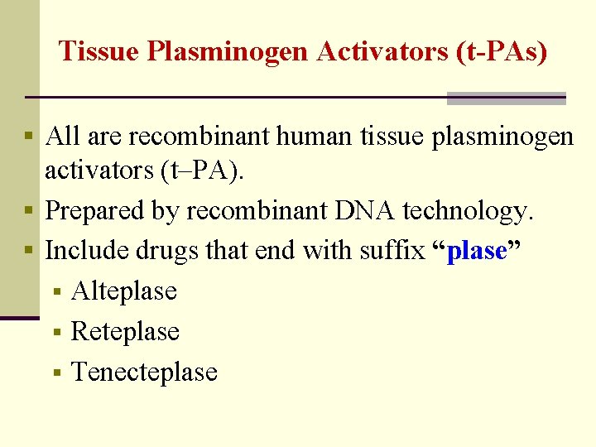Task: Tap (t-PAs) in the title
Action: [502, 52]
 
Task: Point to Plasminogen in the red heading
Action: [229, 52]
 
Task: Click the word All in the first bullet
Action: [63, 136]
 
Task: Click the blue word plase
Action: [476, 250]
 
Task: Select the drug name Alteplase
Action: [124, 291]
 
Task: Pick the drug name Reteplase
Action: [125, 331]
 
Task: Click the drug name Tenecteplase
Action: [144, 372]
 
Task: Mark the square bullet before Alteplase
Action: [56, 291]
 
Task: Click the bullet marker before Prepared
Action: [30, 211]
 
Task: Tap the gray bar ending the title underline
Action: [506, 99]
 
